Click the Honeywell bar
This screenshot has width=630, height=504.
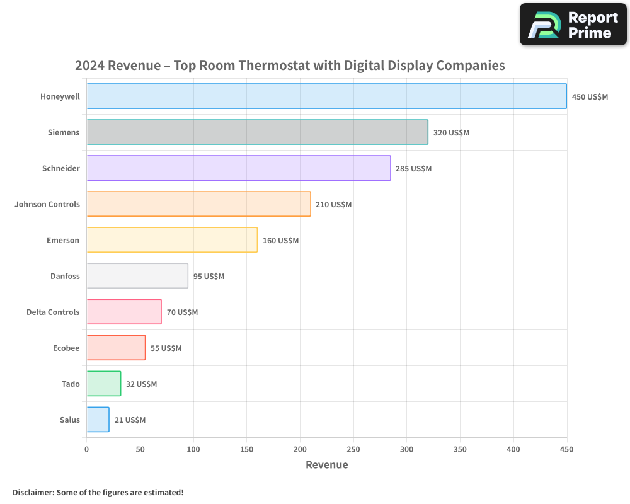(326, 96)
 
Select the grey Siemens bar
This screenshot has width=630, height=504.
(257, 132)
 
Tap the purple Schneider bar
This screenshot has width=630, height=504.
(238, 168)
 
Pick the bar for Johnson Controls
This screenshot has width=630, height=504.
(198, 204)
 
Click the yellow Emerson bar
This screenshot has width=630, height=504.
(172, 240)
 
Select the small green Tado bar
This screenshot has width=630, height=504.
(103, 384)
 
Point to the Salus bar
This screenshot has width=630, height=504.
(98, 420)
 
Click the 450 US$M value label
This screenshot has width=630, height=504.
(590, 97)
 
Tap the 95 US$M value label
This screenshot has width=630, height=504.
(209, 277)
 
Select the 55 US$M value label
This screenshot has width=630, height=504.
(166, 348)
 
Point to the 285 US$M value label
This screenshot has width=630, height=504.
(413, 169)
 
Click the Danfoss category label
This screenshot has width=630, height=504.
(65, 276)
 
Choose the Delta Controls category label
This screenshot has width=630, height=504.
(53, 312)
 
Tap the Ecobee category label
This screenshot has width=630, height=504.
(66, 348)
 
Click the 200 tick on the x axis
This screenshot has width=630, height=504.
(300, 449)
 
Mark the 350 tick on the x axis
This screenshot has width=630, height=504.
(460, 449)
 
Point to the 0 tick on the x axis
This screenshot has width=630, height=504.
(86, 449)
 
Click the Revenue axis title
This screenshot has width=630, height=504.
(326, 465)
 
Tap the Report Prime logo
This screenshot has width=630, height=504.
(573, 25)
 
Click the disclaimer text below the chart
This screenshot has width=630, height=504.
(98, 492)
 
